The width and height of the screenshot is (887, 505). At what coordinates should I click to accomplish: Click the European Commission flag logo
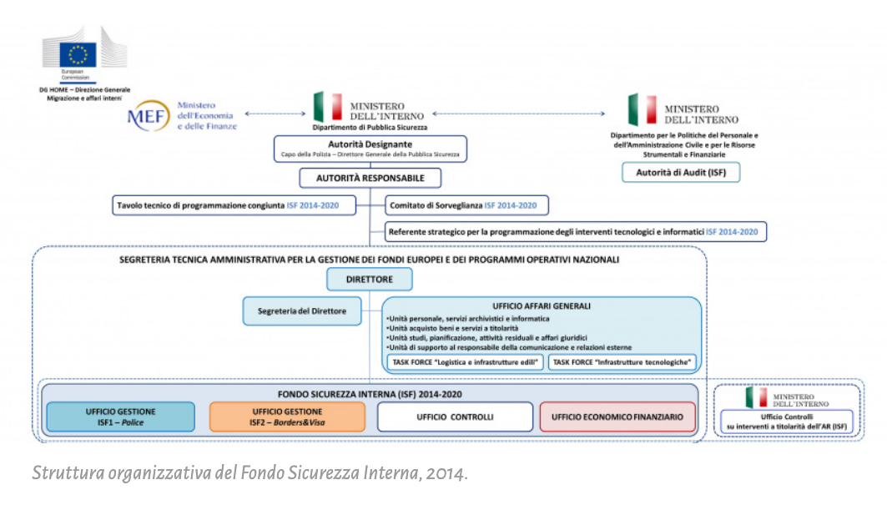[78, 54]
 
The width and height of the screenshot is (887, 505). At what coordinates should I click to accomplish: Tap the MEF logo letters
[148, 116]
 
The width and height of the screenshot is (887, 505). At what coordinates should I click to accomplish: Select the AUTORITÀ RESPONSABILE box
[370, 178]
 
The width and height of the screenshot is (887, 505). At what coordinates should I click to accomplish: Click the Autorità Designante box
[370, 149]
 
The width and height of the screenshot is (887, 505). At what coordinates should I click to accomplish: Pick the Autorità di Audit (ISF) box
[680, 172]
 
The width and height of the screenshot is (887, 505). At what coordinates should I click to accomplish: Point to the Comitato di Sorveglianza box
[467, 205]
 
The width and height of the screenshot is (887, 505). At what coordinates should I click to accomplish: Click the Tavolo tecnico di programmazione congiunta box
[235, 205]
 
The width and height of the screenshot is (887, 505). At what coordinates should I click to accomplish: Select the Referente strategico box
[575, 231]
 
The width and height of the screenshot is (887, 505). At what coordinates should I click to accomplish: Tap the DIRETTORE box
[369, 279]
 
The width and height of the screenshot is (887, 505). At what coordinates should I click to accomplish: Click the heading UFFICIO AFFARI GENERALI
[542, 306]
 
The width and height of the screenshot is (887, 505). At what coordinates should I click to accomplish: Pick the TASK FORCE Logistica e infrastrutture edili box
[465, 362]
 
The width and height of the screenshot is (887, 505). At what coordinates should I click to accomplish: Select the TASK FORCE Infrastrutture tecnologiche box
[623, 362]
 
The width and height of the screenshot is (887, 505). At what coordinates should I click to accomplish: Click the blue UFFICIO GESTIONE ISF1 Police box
[120, 417]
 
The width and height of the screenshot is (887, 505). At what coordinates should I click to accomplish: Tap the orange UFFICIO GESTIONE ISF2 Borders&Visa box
[287, 417]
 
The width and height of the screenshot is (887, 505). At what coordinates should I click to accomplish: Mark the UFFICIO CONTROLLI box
[455, 417]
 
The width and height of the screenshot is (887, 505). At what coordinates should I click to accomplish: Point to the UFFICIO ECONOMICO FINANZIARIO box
[617, 417]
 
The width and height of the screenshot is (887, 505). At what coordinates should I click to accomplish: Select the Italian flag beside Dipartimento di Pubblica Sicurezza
[328, 107]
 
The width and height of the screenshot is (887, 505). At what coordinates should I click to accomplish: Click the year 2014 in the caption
[445, 473]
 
